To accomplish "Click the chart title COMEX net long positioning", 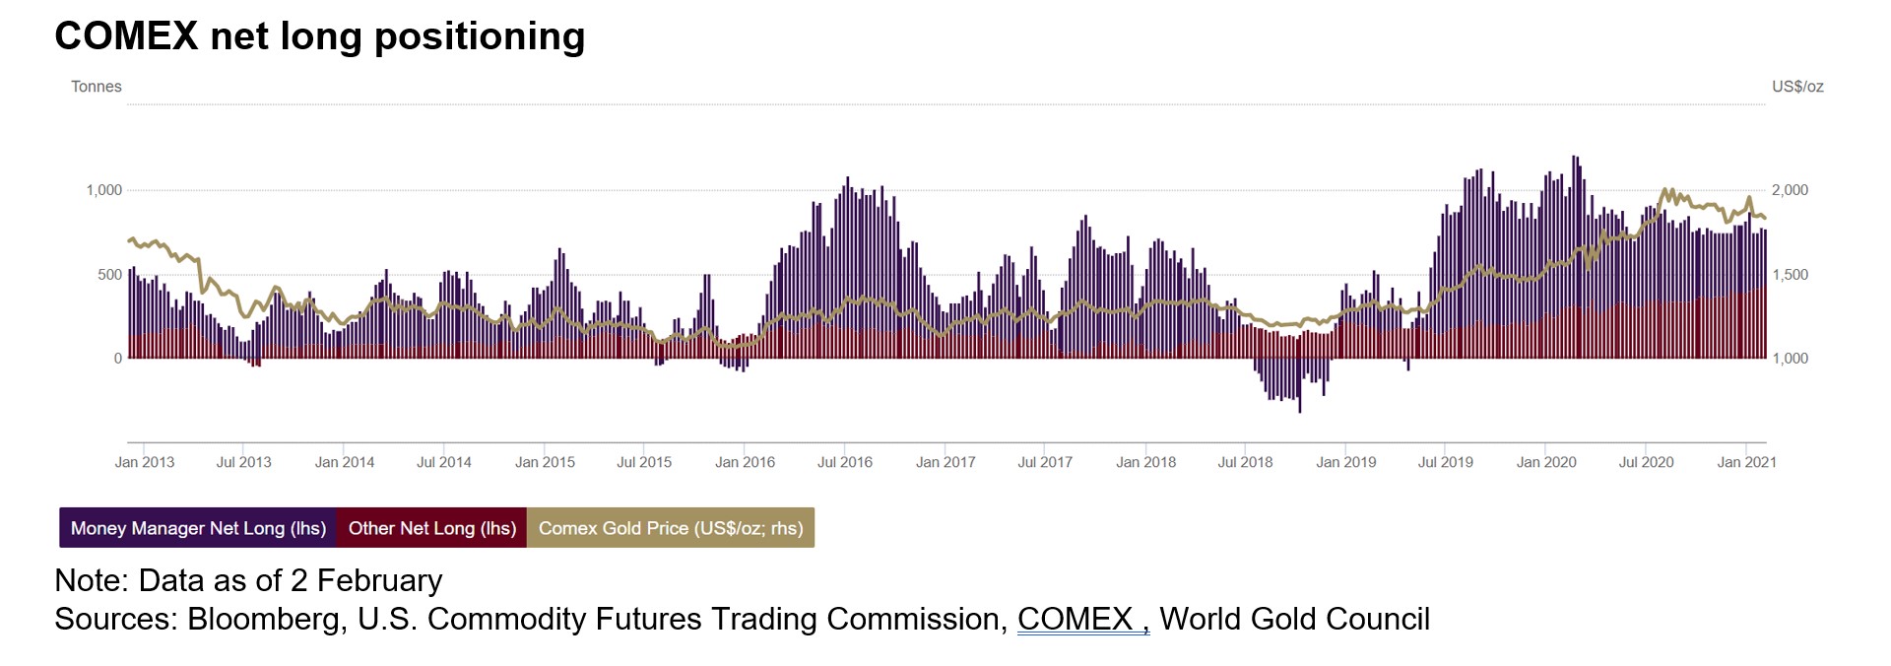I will click(320, 36).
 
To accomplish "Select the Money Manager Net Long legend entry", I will click(198, 528).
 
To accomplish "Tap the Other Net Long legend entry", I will click(431, 528).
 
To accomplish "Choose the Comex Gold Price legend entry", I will click(671, 528).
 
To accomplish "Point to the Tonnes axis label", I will click(97, 87).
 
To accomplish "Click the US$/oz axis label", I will click(1797, 87).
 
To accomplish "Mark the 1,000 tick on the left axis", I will click(104, 190).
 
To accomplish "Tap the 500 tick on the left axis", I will click(110, 275).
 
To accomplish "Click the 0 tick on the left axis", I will click(118, 359).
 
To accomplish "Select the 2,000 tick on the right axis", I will click(1790, 190).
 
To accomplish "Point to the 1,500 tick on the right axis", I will click(1790, 275).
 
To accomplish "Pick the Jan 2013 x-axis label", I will click(145, 462).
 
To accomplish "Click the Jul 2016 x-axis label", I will click(845, 462).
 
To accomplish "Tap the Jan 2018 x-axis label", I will click(1145, 462).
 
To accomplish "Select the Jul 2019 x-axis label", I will click(1445, 462).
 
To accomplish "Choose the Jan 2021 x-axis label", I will click(1746, 462).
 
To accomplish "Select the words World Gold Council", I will click(1294, 619).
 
